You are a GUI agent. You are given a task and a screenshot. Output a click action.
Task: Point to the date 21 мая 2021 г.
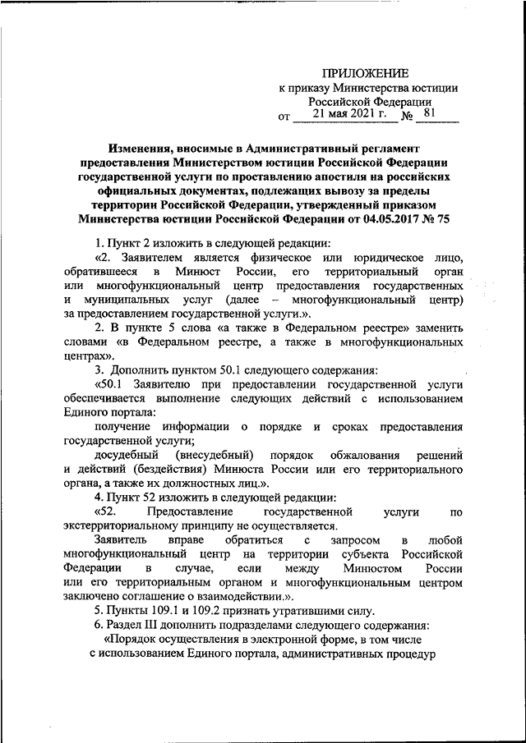[344, 117]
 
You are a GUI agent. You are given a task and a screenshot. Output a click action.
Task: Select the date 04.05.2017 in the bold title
[386, 219]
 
